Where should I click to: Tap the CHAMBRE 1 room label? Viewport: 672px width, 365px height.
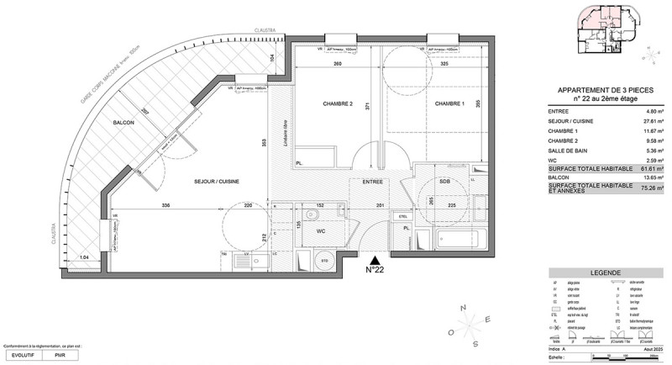point(450,103)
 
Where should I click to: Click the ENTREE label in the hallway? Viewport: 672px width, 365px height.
point(373,181)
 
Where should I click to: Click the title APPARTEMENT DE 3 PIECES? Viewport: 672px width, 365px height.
point(605,91)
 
